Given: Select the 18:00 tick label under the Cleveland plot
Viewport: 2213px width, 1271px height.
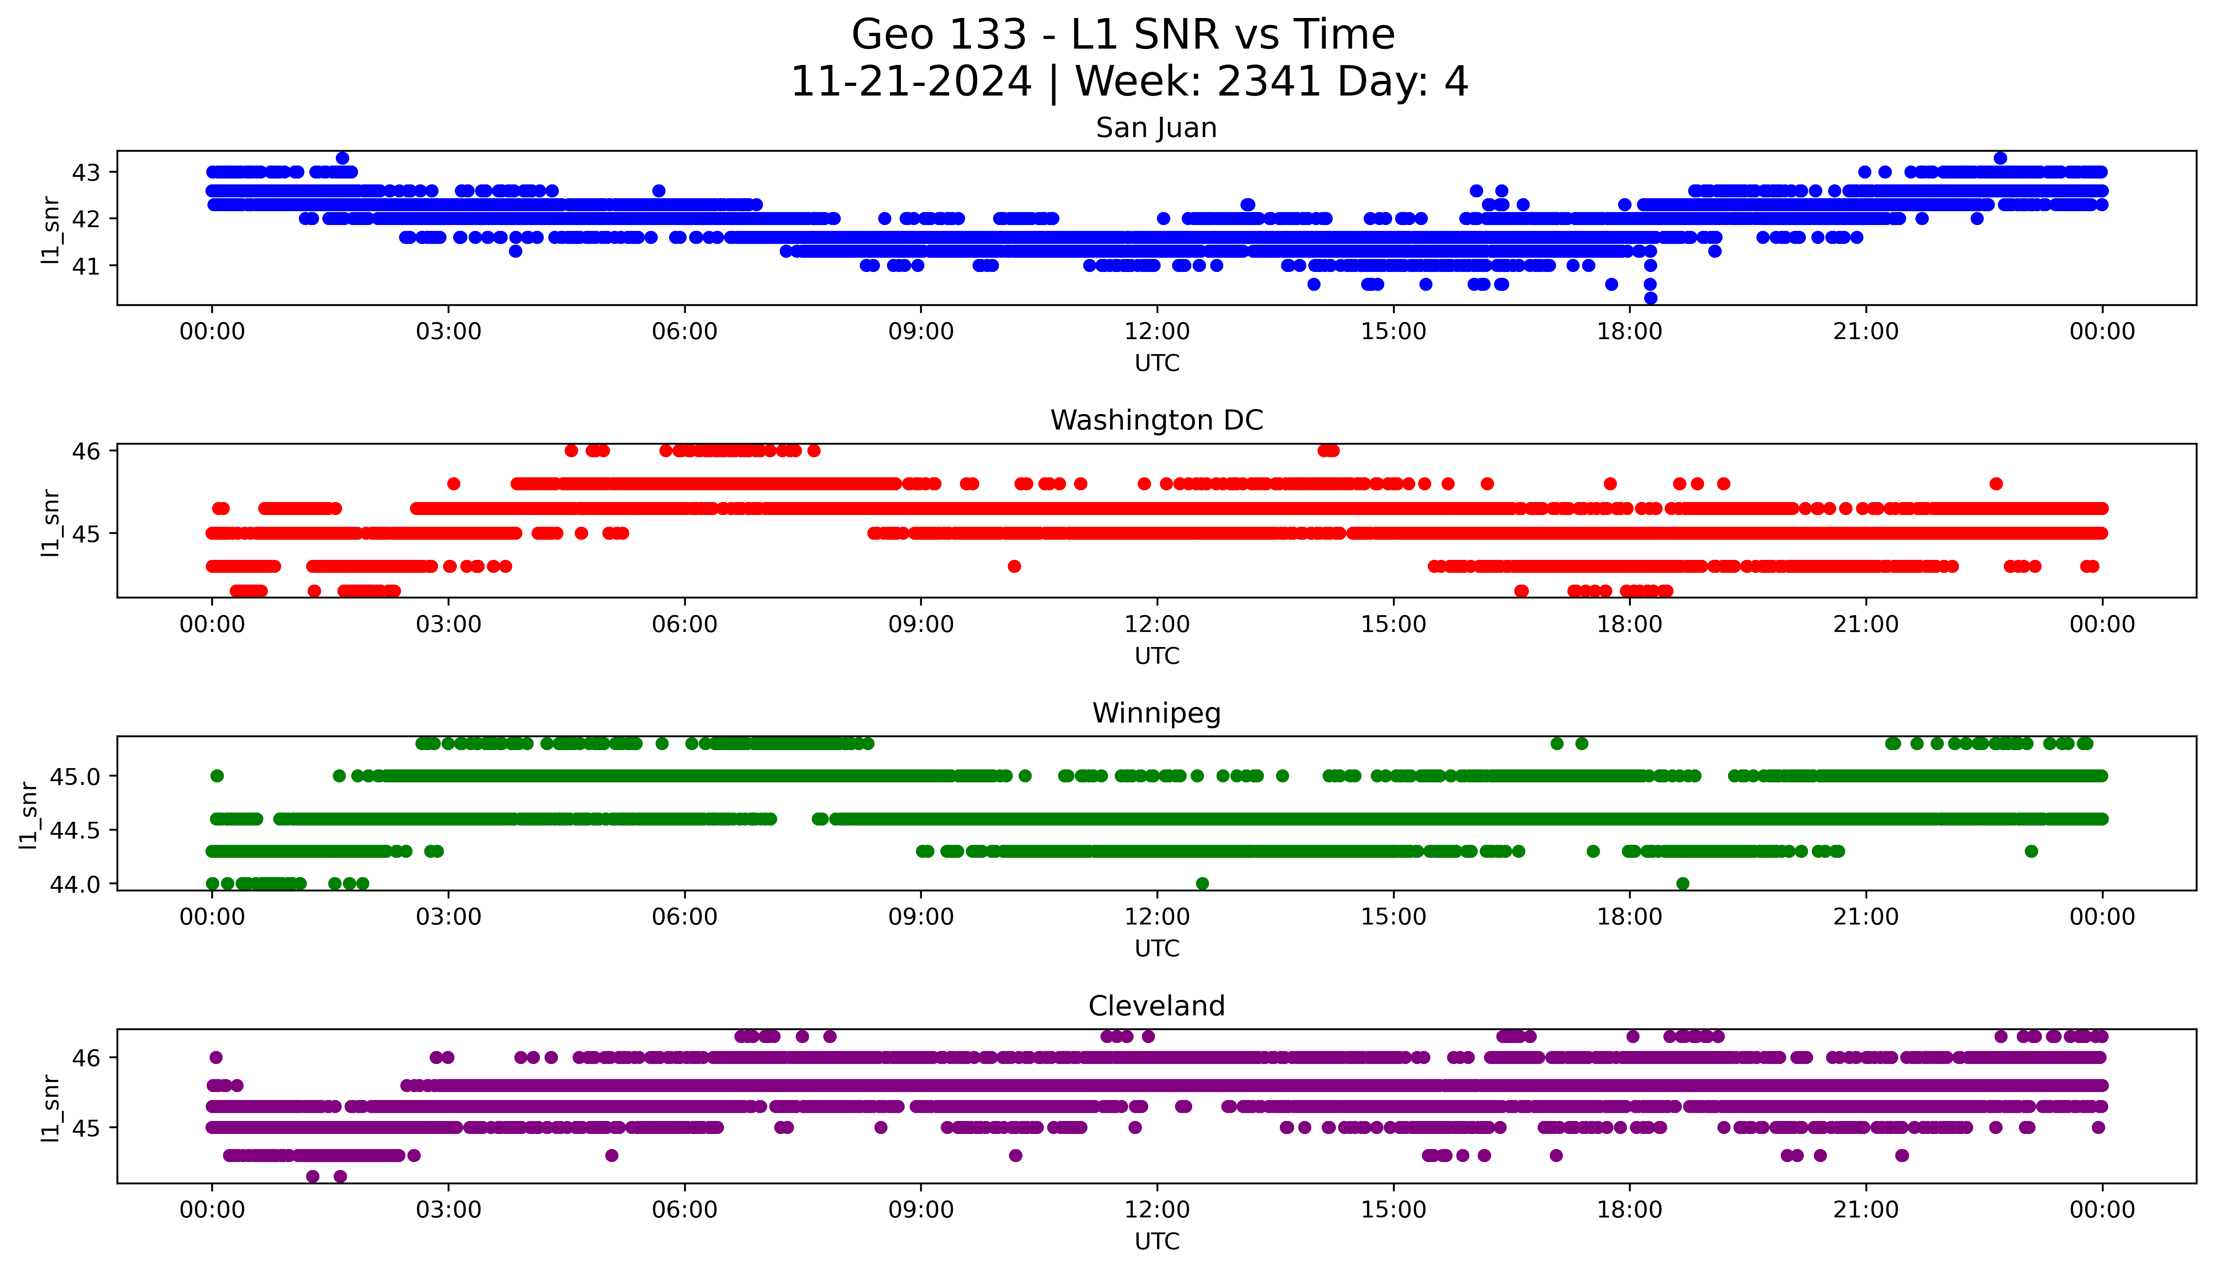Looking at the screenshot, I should click(1629, 1210).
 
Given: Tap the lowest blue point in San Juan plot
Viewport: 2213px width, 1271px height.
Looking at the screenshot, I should click(1650, 298).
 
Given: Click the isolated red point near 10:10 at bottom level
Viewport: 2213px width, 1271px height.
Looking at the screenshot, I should click(1014, 567).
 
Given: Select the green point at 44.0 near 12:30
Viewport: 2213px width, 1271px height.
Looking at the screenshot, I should click(1202, 883).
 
